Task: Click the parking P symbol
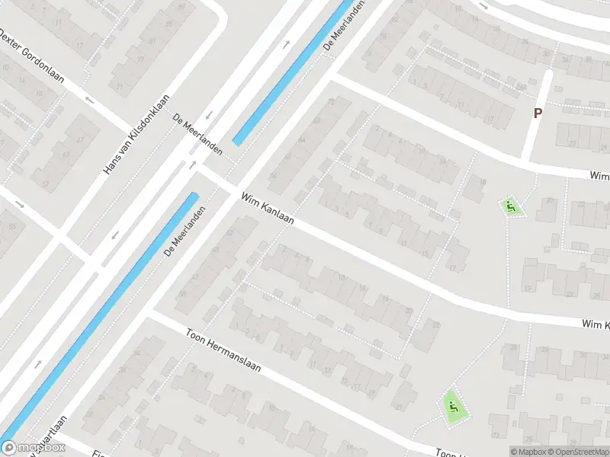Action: click(538, 113)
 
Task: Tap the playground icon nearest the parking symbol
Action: click(511, 206)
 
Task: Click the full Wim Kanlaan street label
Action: click(268, 211)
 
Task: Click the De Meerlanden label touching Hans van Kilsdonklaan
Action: click(197, 134)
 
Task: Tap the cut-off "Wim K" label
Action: click(596, 326)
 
